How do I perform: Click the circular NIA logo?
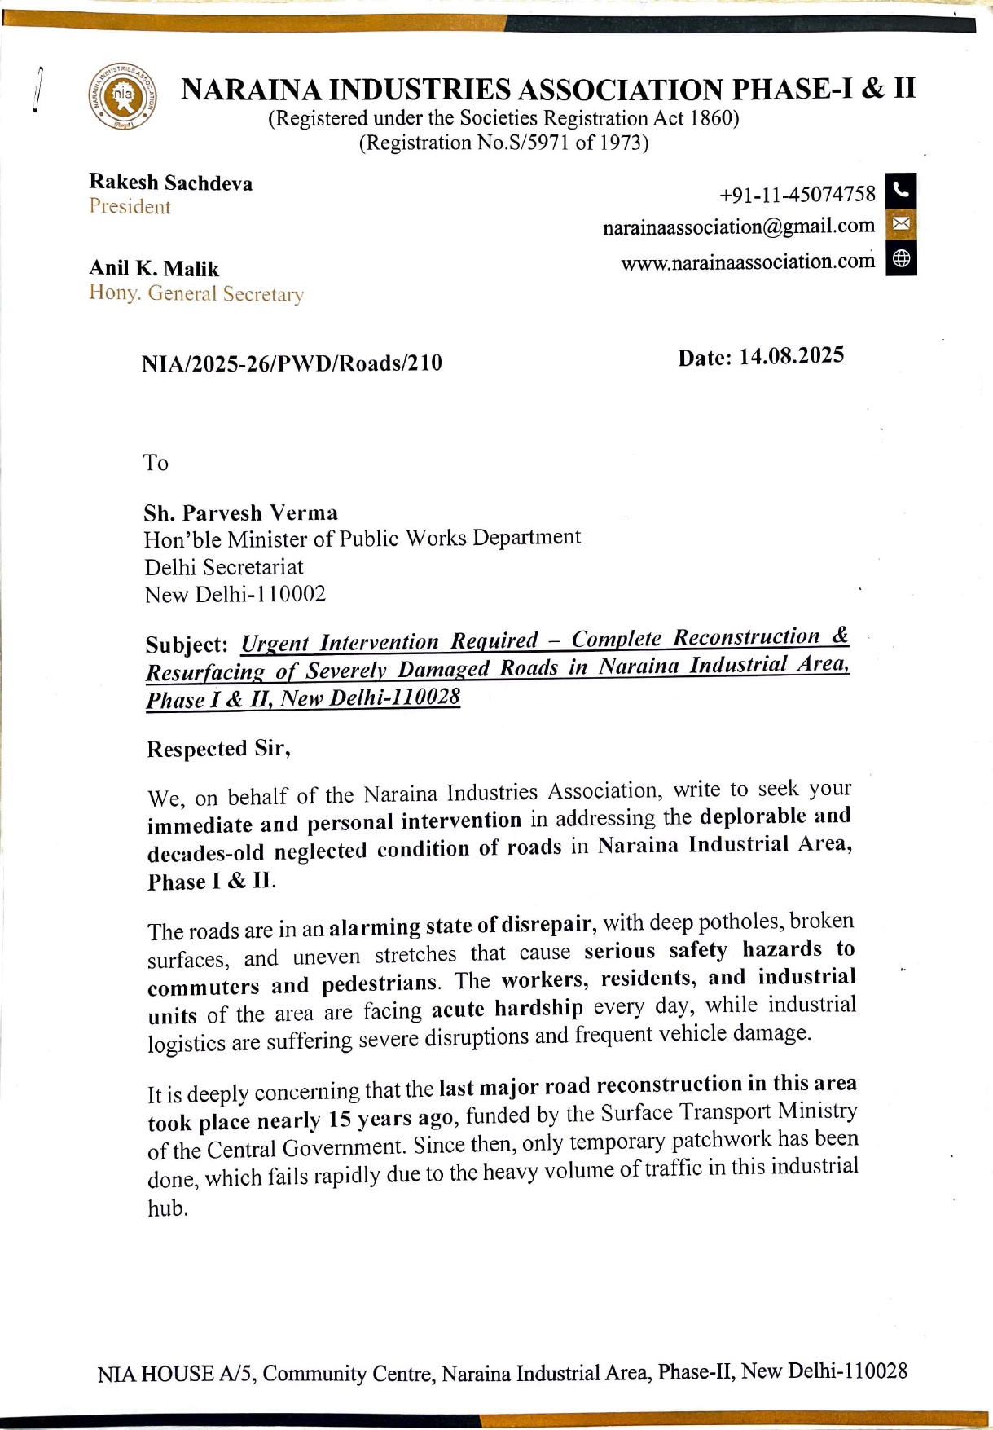(122, 97)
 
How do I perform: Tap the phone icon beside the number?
(900, 190)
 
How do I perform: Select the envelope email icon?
(900, 223)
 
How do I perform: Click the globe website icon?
(900, 258)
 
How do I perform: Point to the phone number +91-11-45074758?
(797, 195)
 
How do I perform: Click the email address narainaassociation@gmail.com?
(738, 227)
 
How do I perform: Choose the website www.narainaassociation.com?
(747, 262)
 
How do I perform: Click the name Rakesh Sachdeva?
(170, 183)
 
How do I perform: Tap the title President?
(130, 207)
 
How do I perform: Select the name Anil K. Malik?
(154, 269)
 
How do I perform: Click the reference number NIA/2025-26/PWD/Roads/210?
(292, 363)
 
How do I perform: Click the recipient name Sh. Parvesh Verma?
(240, 513)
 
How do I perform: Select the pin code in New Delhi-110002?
(290, 594)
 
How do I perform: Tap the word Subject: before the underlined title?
(187, 645)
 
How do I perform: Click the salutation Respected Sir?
(218, 749)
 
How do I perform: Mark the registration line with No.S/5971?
(503, 143)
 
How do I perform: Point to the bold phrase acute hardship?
(507, 1009)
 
